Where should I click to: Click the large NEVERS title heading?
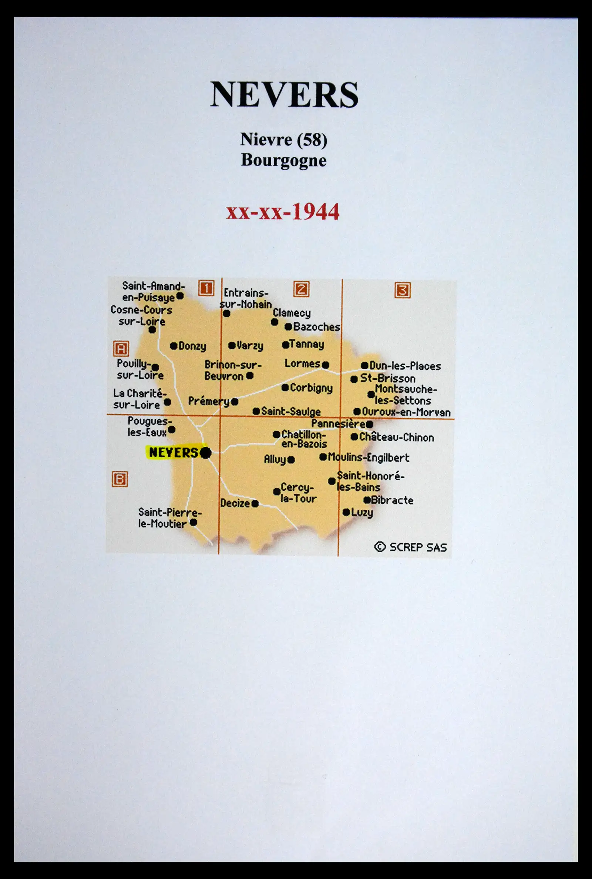[x=284, y=94]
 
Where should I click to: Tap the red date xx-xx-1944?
[x=283, y=211]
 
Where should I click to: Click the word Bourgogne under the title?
[x=283, y=160]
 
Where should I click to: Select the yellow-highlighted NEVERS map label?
[x=174, y=452]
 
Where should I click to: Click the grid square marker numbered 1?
[x=206, y=288]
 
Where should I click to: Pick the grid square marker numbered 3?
[x=403, y=290]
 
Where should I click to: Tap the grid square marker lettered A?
[x=121, y=349]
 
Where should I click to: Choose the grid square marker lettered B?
[x=120, y=479]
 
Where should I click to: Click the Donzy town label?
[x=192, y=346]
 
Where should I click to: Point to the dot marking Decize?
[x=255, y=504]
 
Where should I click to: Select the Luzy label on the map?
[x=362, y=512]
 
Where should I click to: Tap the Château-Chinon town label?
[x=396, y=437]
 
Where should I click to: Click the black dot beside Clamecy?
[x=275, y=322]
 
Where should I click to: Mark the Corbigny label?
[x=311, y=388]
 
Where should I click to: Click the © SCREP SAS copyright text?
[x=410, y=547]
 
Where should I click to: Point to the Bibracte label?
[x=392, y=500]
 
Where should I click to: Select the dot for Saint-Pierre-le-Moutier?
[x=193, y=522]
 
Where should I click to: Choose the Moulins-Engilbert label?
[x=368, y=457]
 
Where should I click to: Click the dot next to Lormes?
[x=326, y=365]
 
